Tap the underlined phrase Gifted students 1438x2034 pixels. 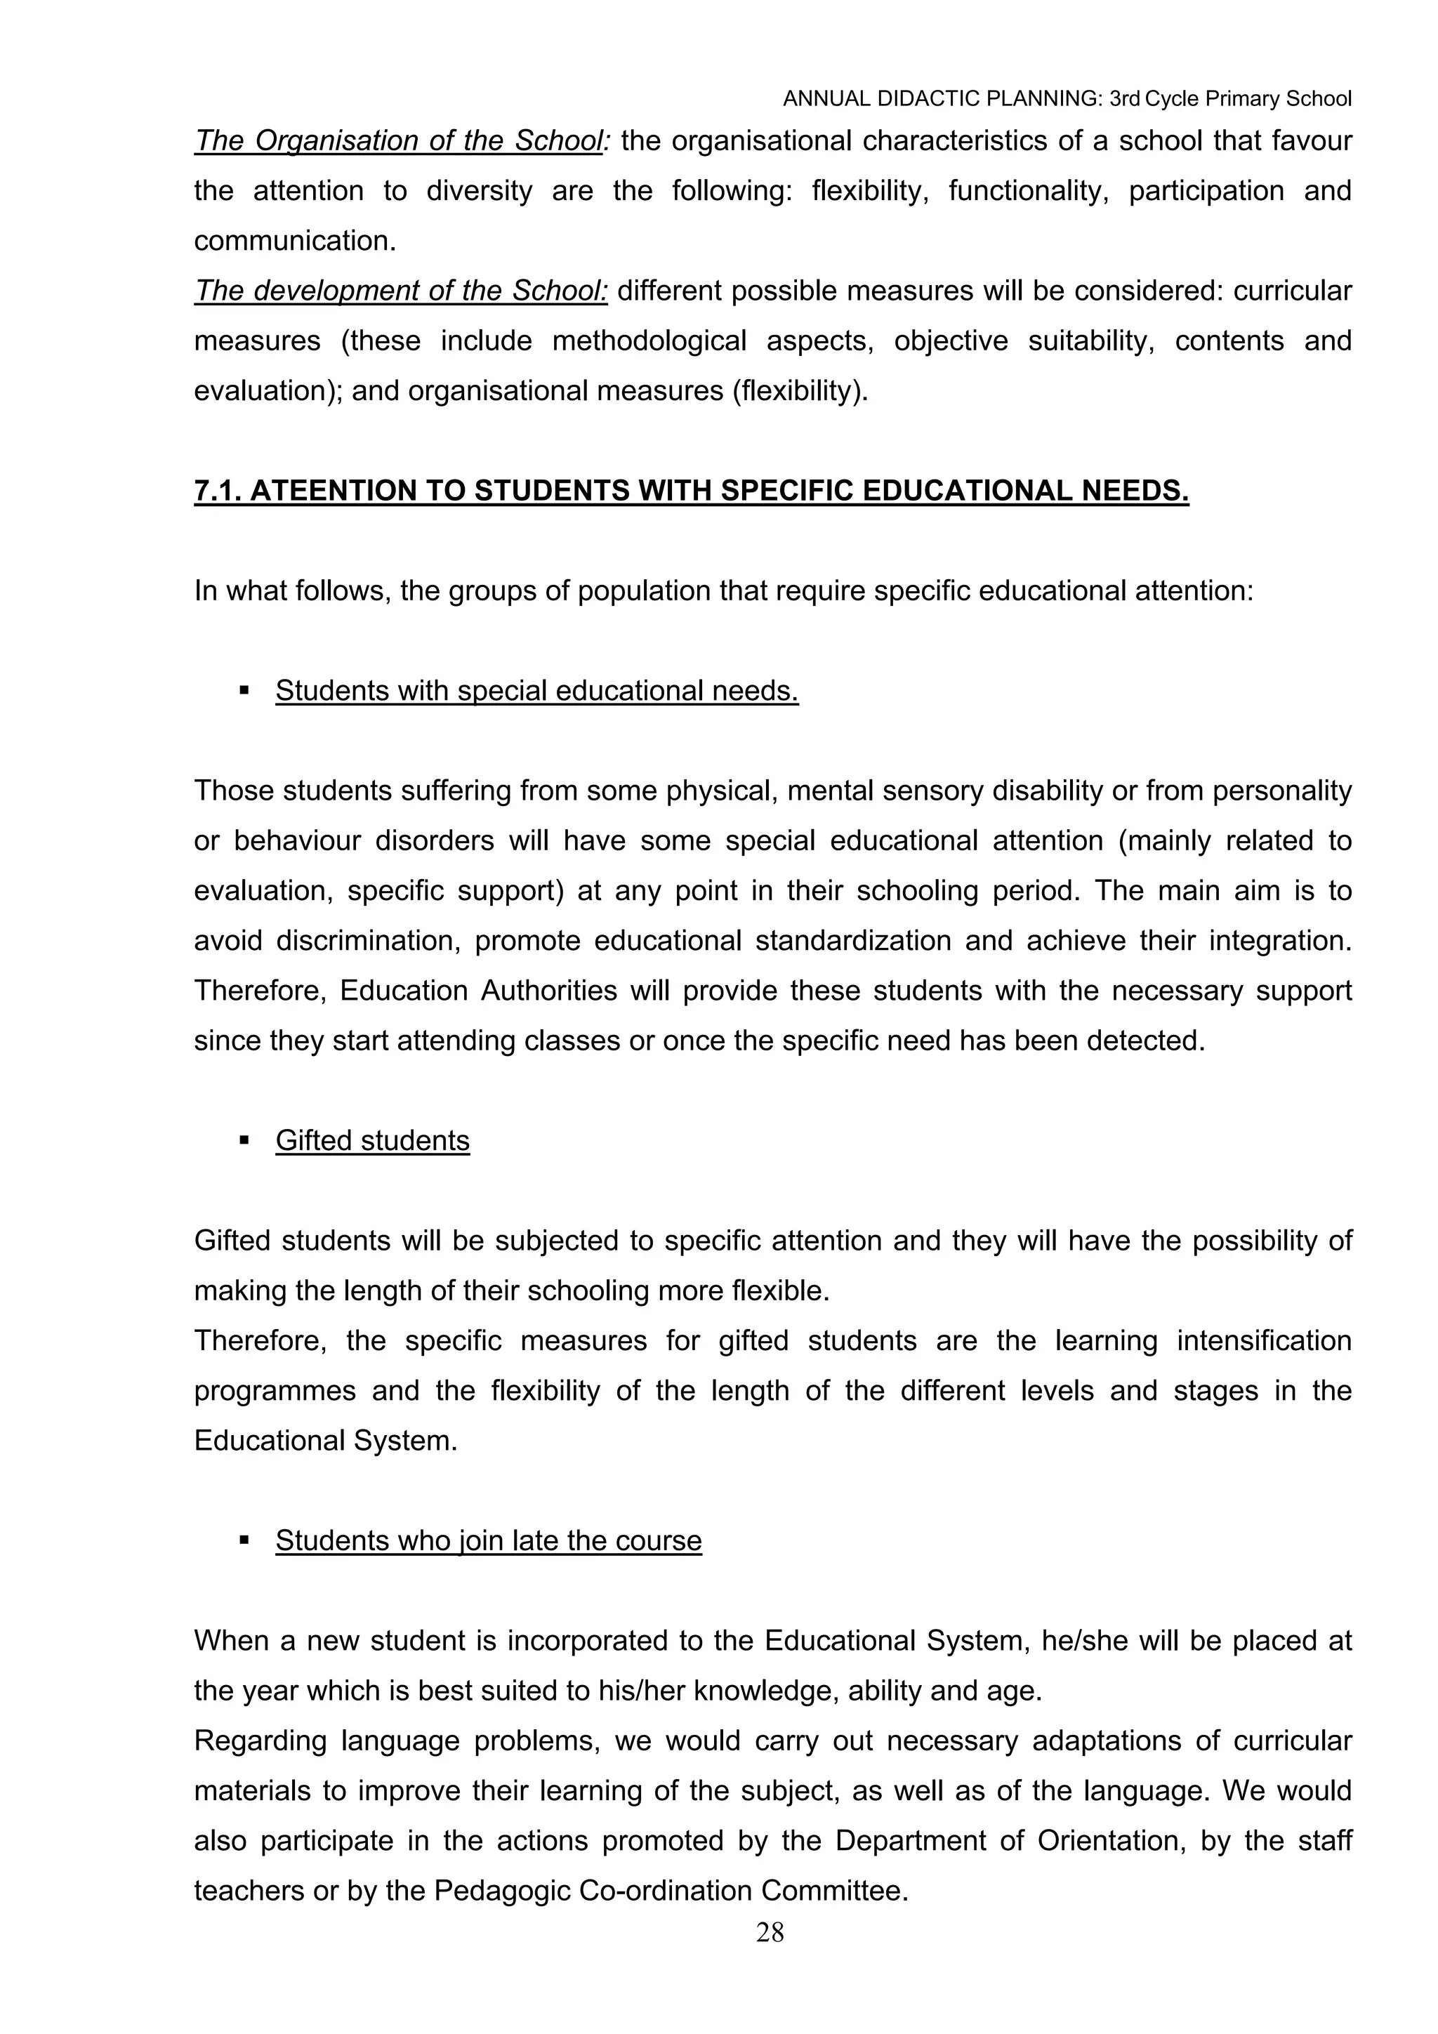click(x=372, y=1140)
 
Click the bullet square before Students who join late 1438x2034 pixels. click(x=244, y=1540)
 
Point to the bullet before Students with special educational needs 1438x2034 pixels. click(x=244, y=690)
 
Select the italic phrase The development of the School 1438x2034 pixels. click(x=400, y=291)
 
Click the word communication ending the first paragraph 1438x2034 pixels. click(x=294, y=241)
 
